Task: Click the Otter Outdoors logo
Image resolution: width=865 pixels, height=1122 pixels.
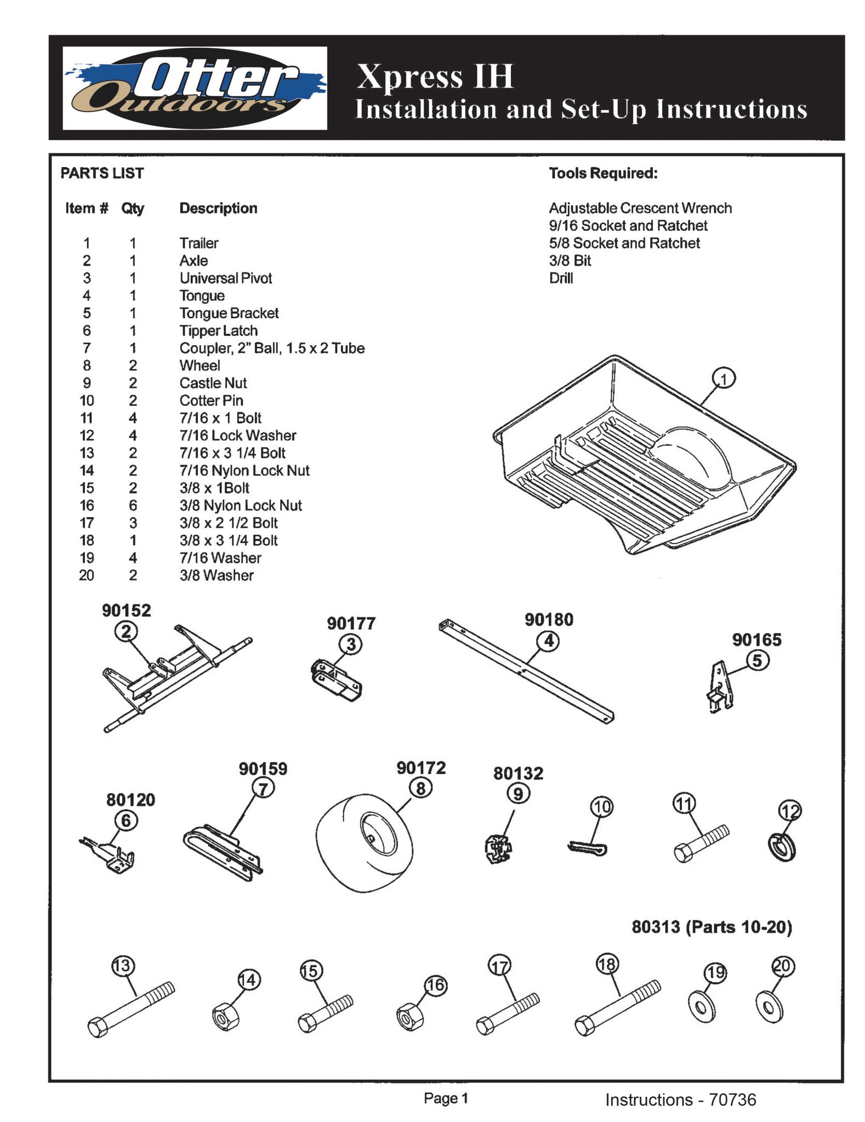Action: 195,88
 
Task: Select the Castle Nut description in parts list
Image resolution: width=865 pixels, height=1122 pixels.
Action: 213,383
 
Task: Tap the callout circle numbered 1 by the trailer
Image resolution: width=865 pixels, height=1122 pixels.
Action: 724,379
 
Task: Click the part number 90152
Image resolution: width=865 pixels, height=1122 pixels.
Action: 126,610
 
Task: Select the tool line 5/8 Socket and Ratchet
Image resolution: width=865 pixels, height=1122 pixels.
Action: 624,243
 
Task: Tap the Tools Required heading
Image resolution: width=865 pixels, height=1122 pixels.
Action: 603,173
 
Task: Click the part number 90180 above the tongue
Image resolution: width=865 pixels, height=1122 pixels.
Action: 549,620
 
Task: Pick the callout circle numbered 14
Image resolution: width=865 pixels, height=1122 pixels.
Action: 249,980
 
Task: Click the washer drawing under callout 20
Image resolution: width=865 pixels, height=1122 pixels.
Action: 769,1006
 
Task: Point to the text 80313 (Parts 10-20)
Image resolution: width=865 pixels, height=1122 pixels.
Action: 712,927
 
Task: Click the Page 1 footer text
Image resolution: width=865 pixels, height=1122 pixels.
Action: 446,1098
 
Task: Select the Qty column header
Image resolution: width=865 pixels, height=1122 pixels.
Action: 133,208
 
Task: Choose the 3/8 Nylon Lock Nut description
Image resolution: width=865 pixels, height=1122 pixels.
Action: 240,505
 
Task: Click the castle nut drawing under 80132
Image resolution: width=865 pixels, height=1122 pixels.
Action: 498,849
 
